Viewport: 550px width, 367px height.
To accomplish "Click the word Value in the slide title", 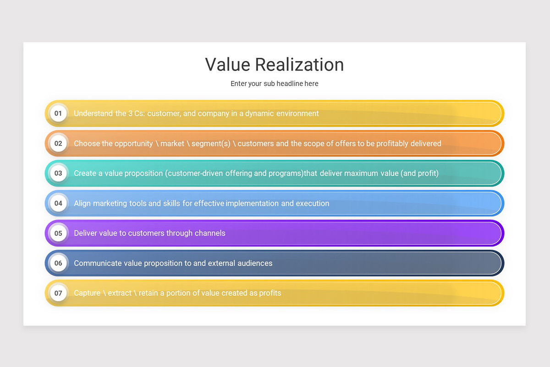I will (x=227, y=65).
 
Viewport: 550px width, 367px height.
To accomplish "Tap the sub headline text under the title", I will (x=274, y=83).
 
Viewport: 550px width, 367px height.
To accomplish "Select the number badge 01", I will (x=58, y=113).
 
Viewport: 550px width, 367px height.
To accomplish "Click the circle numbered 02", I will (x=58, y=143).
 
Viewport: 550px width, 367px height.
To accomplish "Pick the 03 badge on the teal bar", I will (x=58, y=173).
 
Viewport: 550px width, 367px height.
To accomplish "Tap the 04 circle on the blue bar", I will (x=58, y=203).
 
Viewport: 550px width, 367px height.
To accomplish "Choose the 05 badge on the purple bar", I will (x=58, y=233).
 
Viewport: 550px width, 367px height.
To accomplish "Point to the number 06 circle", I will (x=58, y=263).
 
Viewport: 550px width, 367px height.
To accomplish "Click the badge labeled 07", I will (x=58, y=293).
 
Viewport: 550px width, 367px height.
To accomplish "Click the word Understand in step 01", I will (x=93, y=113).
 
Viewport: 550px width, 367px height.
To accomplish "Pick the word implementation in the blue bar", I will (x=252, y=203).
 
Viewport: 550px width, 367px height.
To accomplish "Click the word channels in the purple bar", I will (x=210, y=233).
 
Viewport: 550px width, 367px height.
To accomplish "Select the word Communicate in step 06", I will (x=97, y=263).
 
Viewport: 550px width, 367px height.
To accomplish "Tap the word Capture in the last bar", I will (x=87, y=293).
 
